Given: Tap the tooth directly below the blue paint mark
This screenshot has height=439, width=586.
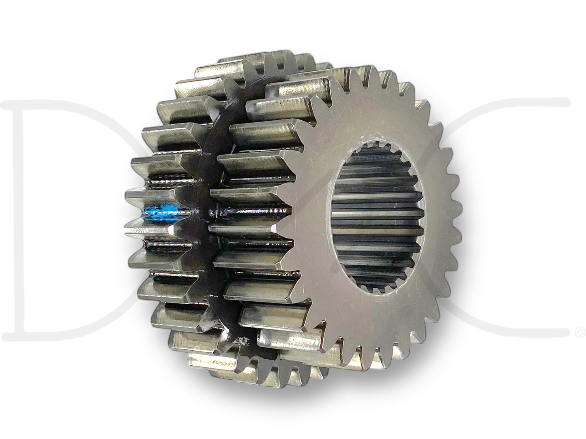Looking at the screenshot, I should tap(150, 231).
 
